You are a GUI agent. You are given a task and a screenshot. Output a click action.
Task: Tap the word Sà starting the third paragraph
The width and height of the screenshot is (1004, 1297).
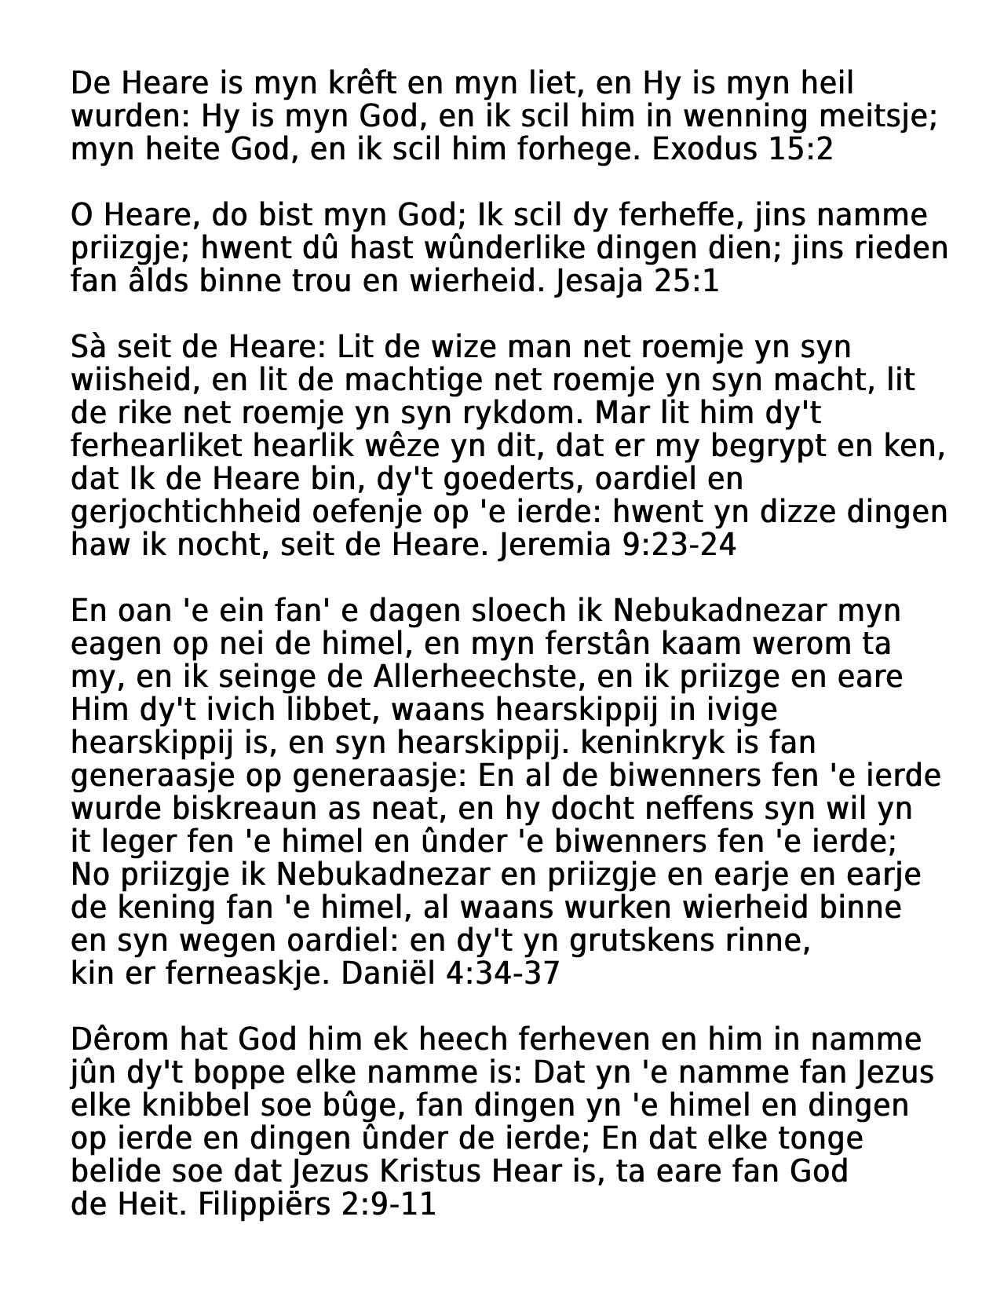click(88, 347)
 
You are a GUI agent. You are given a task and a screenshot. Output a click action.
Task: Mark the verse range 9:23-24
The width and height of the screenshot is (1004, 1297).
click(678, 545)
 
